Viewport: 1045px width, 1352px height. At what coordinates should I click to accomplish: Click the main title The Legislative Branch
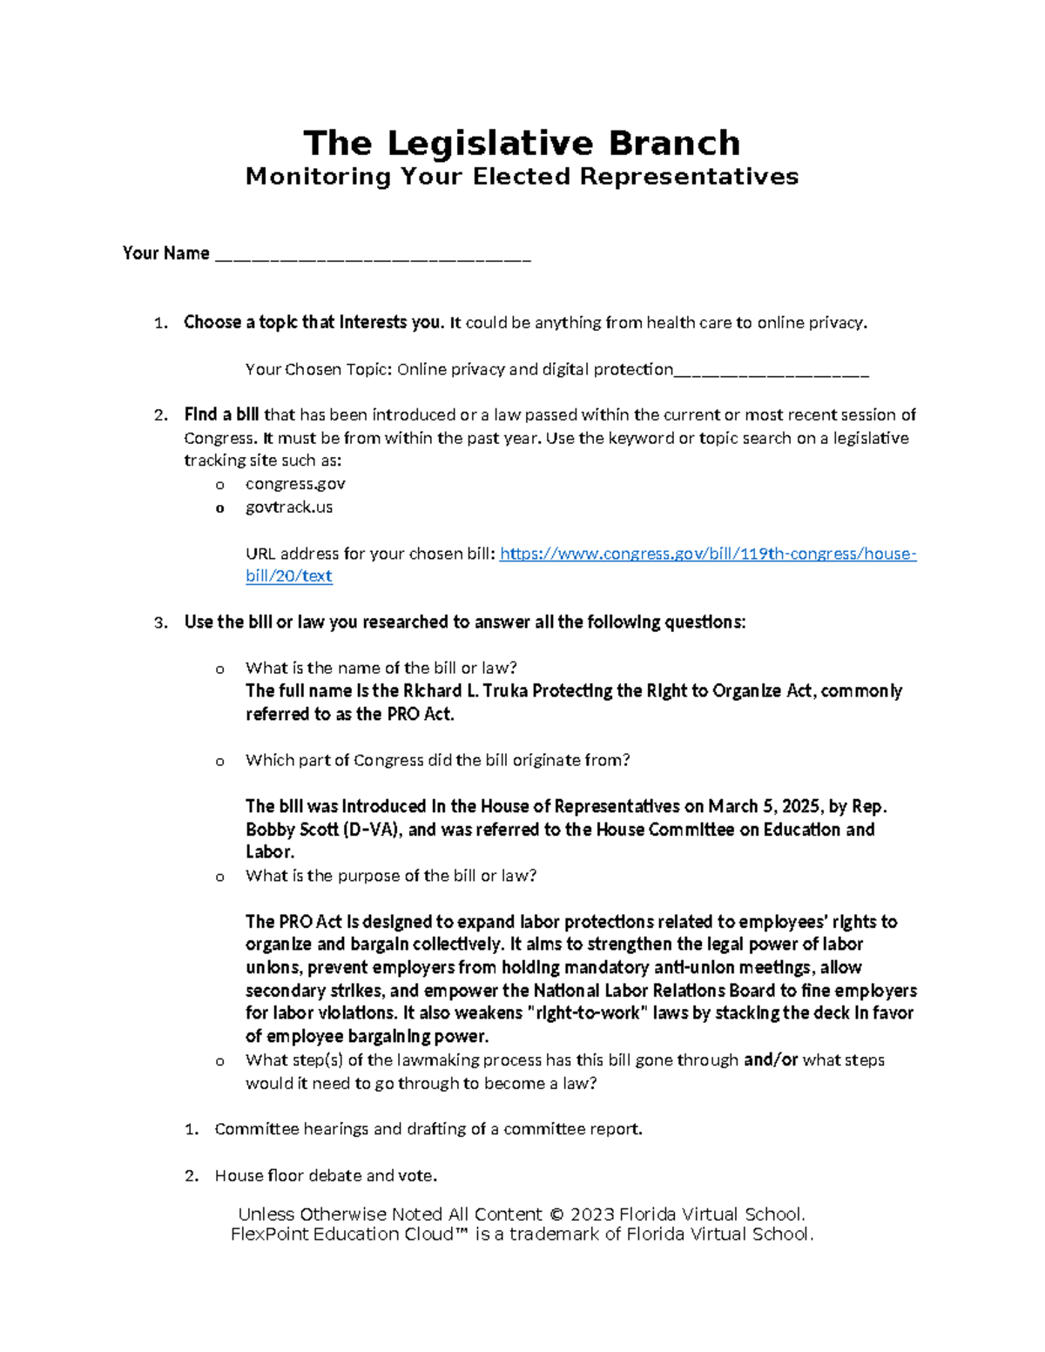tap(522, 143)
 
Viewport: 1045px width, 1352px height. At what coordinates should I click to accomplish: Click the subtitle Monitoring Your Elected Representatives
tap(522, 177)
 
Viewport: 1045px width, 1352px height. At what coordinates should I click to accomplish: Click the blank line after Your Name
tap(372, 255)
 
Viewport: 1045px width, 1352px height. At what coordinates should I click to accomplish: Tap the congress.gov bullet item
tap(295, 484)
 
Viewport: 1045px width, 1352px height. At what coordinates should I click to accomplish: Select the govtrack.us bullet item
tap(288, 507)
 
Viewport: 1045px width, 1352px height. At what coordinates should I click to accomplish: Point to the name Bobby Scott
tap(291, 830)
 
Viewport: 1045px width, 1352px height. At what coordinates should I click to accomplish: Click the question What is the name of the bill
tap(381, 668)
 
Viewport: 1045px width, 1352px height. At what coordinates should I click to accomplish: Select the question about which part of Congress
tap(437, 760)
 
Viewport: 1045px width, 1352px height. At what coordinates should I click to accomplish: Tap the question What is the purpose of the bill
tap(390, 876)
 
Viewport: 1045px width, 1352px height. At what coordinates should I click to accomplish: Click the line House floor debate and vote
tap(326, 1175)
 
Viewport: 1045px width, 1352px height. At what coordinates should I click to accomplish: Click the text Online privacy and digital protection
tap(535, 369)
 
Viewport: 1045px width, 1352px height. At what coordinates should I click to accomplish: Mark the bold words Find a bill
tap(221, 414)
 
